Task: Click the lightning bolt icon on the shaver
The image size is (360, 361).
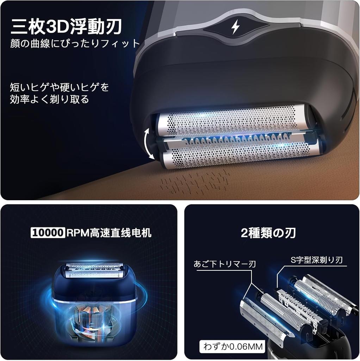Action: [x=235, y=27]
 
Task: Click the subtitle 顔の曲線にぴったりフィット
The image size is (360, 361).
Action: [x=75, y=43]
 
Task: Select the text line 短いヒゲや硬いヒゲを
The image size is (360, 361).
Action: [x=59, y=87]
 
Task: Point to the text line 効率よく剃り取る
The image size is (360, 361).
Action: [x=49, y=99]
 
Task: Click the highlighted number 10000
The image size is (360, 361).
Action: [x=48, y=233]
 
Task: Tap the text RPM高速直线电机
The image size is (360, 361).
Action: [x=109, y=233]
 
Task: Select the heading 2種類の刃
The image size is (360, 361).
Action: [x=268, y=233]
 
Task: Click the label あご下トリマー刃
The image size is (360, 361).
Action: [x=224, y=264]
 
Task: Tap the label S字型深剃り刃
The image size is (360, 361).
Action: [x=317, y=260]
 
